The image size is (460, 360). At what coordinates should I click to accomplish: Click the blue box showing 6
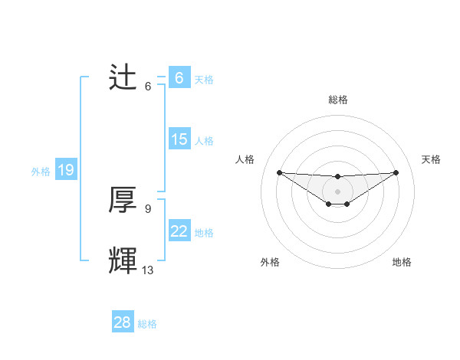click(179, 78)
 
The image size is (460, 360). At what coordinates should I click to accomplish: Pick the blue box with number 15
click(179, 139)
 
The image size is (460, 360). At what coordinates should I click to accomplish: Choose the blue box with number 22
click(179, 231)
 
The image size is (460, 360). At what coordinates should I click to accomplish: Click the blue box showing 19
click(66, 170)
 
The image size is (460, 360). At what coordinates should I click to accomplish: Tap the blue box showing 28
click(123, 322)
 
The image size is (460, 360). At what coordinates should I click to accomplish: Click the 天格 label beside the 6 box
click(204, 79)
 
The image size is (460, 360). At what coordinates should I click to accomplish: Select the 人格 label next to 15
click(204, 141)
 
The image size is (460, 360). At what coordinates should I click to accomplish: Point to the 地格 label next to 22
click(204, 233)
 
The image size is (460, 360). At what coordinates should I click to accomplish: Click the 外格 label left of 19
click(41, 172)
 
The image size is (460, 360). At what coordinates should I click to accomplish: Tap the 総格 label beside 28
click(147, 324)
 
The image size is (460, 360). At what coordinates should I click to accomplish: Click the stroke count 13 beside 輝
click(148, 270)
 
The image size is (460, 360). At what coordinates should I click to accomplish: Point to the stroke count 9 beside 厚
click(148, 208)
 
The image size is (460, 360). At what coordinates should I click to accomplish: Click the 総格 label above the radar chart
click(337, 100)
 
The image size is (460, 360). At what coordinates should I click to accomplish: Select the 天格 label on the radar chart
click(432, 159)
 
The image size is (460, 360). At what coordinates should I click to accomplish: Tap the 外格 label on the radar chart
click(270, 262)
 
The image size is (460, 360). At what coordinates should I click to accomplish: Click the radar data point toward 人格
click(279, 172)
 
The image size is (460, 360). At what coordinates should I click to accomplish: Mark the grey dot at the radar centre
click(337, 191)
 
